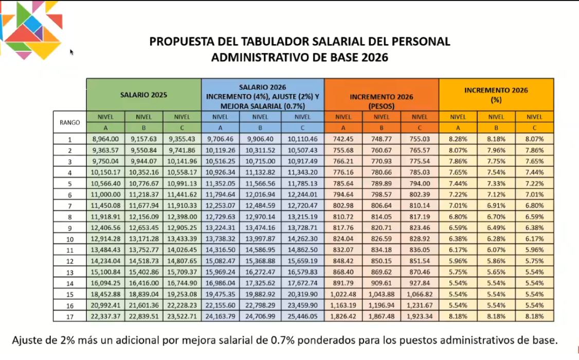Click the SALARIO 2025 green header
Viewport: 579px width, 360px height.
(x=143, y=95)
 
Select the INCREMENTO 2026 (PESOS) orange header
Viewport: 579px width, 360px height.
(x=382, y=95)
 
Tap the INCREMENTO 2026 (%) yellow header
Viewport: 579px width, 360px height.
(x=496, y=95)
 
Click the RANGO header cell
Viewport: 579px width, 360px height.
(x=70, y=122)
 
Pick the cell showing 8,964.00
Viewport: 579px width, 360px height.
(x=105, y=139)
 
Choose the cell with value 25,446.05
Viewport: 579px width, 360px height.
(x=302, y=316)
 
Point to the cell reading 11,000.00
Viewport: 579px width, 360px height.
(x=105, y=194)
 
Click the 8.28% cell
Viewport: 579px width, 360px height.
(x=458, y=139)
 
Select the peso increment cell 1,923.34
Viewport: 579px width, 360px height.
(x=420, y=316)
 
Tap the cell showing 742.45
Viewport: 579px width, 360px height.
(x=343, y=139)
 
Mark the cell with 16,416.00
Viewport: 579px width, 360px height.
(x=143, y=283)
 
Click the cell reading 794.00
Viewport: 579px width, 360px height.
(x=420, y=183)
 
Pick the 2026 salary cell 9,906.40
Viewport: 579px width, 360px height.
(x=260, y=139)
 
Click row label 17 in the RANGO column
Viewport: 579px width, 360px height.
(x=70, y=316)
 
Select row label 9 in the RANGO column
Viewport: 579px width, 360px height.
(x=70, y=228)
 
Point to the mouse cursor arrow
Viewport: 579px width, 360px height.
(x=71, y=52)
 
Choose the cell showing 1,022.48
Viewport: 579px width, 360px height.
(x=343, y=294)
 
